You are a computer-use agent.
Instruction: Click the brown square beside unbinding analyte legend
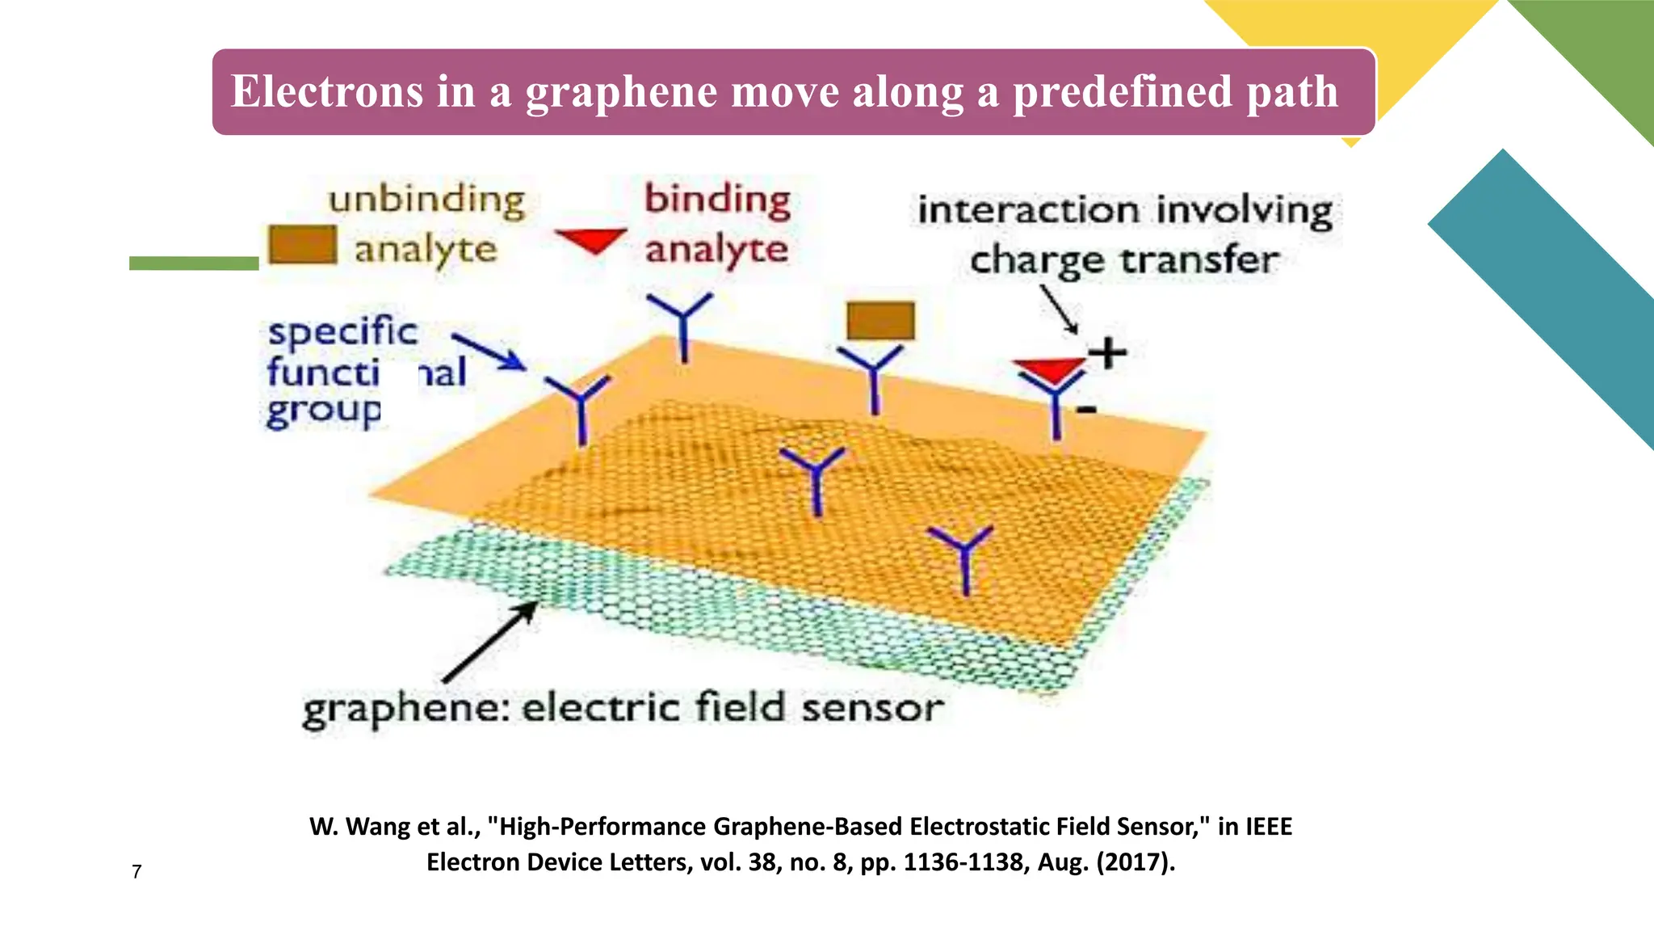point(302,244)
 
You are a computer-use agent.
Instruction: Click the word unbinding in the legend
point(426,199)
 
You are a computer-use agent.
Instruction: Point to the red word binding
point(717,199)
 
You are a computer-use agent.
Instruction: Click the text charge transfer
point(1124,261)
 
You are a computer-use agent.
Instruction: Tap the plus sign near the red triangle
point(1107,352)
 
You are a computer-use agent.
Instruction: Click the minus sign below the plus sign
point(1087,410)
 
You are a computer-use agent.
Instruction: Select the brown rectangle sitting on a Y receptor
point(880,321)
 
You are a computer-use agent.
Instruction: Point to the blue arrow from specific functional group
point(489,351)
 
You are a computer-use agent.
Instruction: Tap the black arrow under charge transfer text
point(1059,308)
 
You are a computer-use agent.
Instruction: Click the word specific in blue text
point(342,331)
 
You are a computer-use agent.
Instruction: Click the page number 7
point(136,871)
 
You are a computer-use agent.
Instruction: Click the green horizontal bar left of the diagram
point(194,263)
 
